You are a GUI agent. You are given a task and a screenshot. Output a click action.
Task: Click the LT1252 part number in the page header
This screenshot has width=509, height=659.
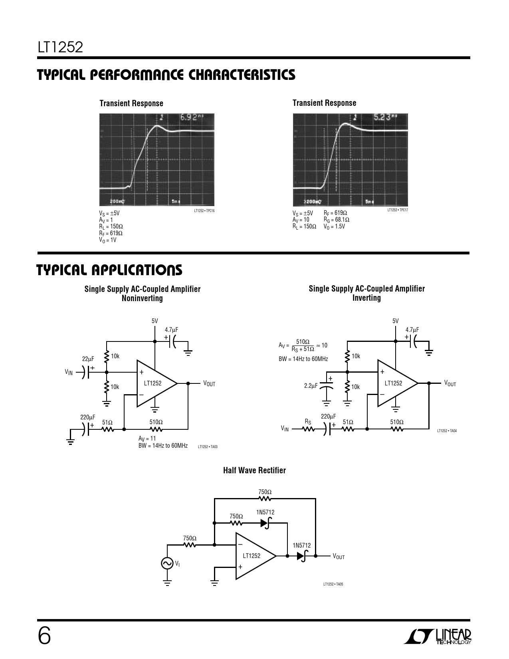coord(61,48)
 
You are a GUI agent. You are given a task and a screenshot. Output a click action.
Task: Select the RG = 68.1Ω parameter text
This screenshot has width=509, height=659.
coord(337,220)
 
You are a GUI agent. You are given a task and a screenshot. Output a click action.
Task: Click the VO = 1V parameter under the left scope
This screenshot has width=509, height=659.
coord(108,240)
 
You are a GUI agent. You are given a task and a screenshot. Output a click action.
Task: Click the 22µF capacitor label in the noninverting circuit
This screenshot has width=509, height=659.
coord(88,359)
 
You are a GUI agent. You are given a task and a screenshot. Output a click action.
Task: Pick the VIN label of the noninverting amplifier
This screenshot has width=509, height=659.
coord(69,372)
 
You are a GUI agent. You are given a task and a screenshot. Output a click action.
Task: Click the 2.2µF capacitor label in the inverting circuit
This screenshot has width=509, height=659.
coord(311,386)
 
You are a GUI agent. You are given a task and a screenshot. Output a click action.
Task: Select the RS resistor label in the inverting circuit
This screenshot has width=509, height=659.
coord(308,421)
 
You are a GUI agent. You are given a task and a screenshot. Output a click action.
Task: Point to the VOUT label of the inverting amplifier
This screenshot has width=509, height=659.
coord(450,383)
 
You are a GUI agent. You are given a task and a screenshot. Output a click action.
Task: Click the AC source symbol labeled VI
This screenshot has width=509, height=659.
coord(167,563)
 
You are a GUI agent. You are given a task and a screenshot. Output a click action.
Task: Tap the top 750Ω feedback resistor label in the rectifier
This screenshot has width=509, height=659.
coord(265,492)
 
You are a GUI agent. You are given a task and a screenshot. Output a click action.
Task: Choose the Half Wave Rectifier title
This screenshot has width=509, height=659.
coord(254,470)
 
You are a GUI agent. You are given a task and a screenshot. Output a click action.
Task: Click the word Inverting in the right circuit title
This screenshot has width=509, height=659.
coord(366,298)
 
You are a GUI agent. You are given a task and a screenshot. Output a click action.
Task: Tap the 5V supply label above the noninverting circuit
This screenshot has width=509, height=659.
coord(154,321)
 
